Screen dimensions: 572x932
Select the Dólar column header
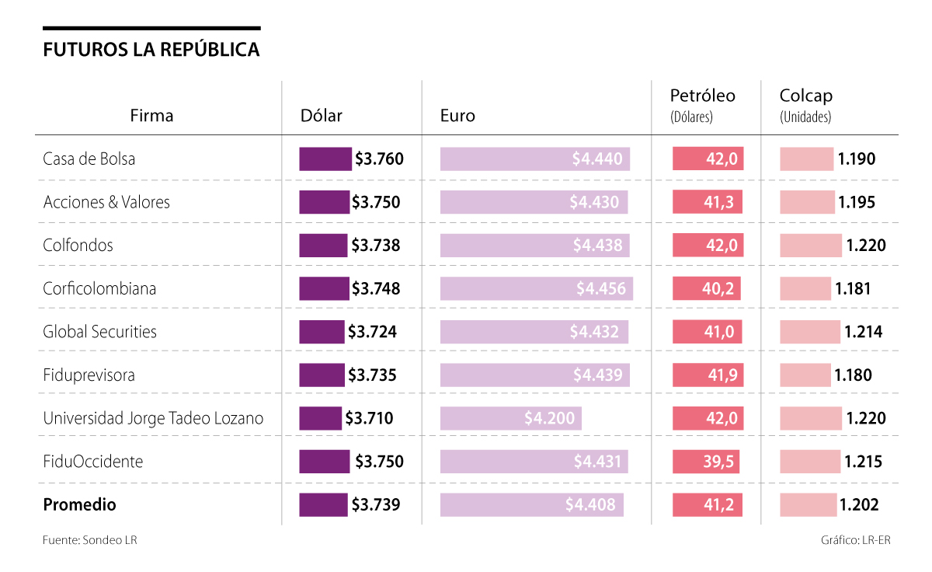click(321, 116)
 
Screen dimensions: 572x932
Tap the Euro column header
click(457, 116)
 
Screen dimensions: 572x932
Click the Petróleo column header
click(702, 96)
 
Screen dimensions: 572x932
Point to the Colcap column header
click(805, 96)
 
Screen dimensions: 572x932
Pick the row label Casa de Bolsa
click(89, 159)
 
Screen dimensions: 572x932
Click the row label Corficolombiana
click(99, 288)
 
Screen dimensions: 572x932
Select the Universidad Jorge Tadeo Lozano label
click(153, 418)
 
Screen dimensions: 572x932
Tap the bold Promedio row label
click(79, 504)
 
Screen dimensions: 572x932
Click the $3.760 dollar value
click(379, 159)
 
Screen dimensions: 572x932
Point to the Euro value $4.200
click(549, 418)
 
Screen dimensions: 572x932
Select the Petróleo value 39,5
click(718, 462)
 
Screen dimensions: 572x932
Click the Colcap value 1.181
click(853, 288)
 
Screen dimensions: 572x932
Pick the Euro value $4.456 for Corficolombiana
click(600, 288)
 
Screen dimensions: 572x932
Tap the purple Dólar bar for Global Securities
click(322, 332)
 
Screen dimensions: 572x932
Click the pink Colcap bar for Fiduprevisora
click(805, 375)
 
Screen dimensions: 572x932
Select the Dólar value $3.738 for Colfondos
click(376, 245)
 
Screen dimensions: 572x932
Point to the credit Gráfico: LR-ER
click(855, 540)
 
